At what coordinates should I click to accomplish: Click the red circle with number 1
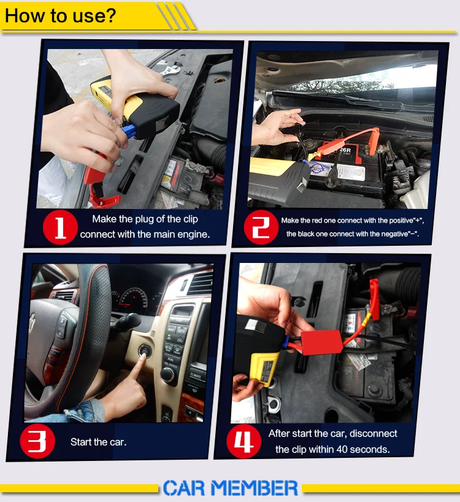(x=60, y=227)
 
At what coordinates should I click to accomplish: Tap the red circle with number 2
(x=261, y=227)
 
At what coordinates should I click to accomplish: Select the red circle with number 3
(x=37, y=441)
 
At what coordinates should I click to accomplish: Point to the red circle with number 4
(x=243, y=441)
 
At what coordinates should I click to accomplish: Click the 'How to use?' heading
(x=60, y=15)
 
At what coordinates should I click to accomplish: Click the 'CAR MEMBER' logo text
(x=231, y=488)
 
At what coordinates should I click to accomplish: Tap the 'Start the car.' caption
(x=98, y=442)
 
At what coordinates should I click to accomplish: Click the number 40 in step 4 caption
(x=342, y=449)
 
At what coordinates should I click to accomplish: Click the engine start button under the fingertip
(x=145, y=350)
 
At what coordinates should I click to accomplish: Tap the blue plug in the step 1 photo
(x=129, y=131)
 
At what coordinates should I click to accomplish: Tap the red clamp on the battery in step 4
(x=374, y=299)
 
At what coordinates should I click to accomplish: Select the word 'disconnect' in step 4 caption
(x=373, y=433)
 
